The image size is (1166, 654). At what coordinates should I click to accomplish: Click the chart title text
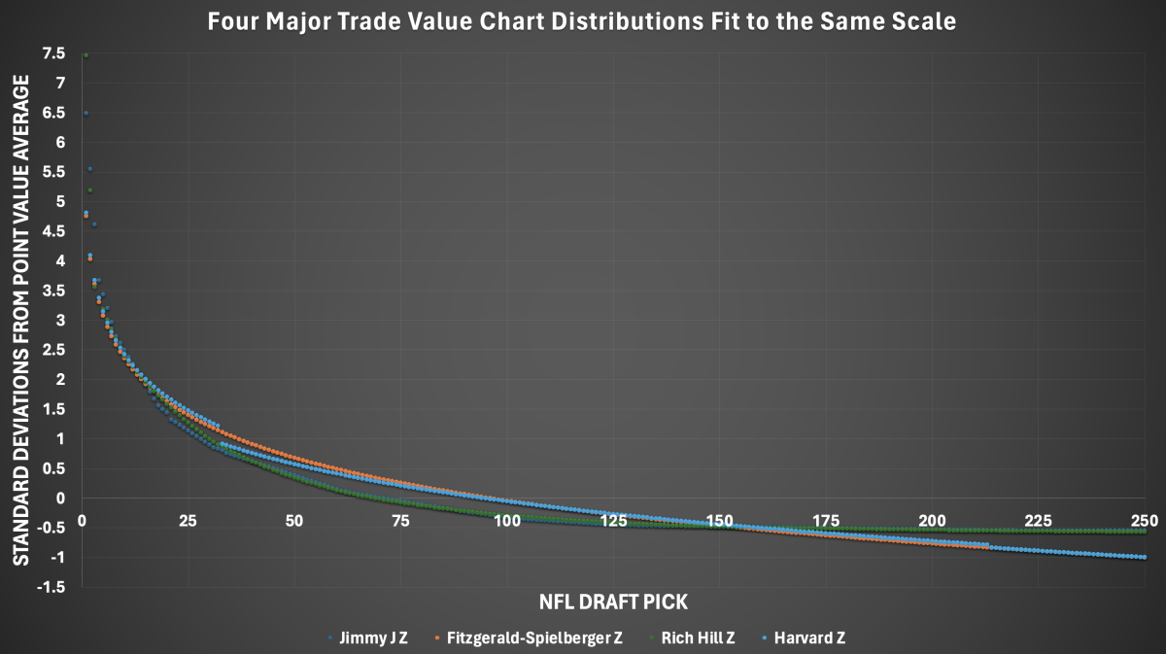click(582, 22)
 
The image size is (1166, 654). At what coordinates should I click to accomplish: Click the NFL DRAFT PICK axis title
click(614, 602)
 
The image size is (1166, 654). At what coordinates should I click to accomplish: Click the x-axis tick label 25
click(188, 522)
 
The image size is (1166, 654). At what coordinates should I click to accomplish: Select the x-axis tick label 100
click(506, 522)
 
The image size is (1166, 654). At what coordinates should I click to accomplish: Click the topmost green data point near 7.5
click(86, 55)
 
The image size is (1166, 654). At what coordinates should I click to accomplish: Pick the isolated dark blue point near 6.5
click(86, 114)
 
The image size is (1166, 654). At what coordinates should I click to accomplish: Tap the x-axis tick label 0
click(83, 522)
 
